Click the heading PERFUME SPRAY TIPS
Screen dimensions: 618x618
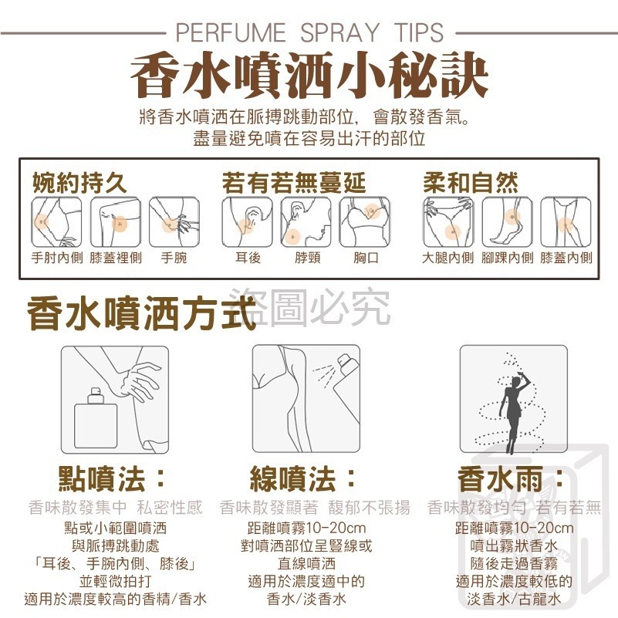tap(309, 32)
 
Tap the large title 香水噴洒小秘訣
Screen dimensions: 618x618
tap(309, 76)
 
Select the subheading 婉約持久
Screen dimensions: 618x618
tap(79, 183)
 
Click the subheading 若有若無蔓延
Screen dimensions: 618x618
tap(294, 183)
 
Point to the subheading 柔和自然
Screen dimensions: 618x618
tap(470, 183)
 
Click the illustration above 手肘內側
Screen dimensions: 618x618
tap(56, 222)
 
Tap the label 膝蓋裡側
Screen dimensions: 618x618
tap(116, 258)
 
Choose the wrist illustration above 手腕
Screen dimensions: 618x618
tap(174, 222)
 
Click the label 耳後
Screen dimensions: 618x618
tap(248, 258)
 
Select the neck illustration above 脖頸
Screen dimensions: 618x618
tap(306, 222)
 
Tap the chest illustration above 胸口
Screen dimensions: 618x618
tap(365, 222)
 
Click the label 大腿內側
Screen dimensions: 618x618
tap(447, 258)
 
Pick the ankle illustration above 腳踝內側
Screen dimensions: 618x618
tap(507, 222)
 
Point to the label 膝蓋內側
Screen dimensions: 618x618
tap(566, 258)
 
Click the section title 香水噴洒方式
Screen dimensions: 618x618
tap(141, 313)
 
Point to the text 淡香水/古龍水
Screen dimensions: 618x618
tap(514, 599)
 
